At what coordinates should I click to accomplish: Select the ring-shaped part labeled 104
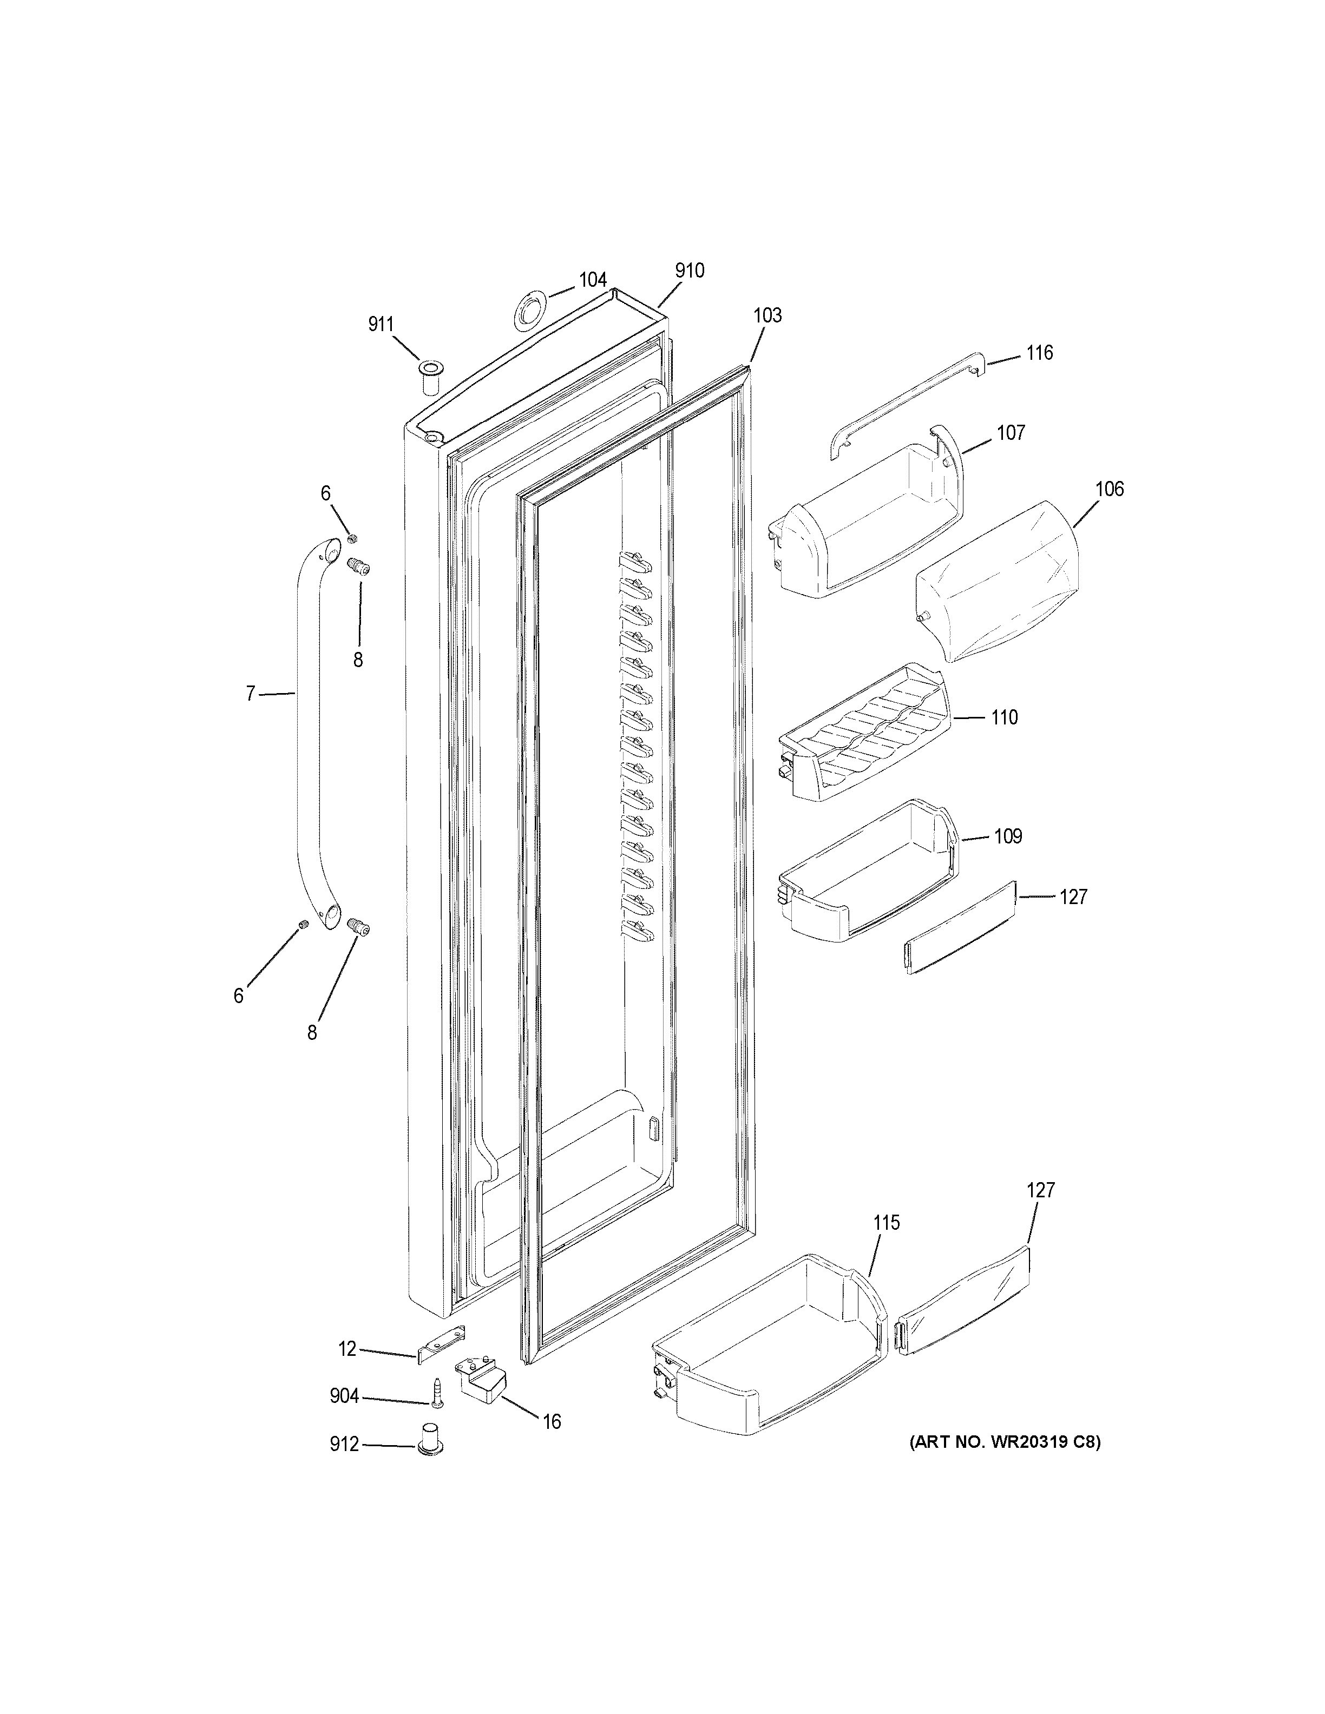(x=530, y=308)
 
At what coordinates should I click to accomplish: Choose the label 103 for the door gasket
(x=767, y=315)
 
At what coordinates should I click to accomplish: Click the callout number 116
(x=1039, y=353)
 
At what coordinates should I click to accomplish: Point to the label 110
(x=1004, y=717)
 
